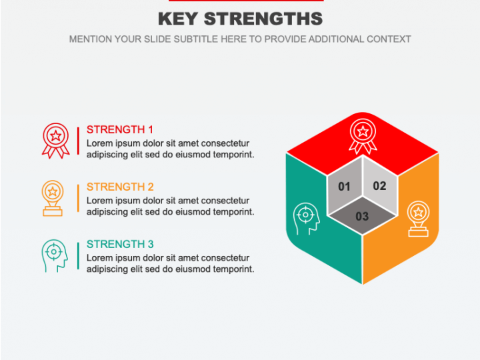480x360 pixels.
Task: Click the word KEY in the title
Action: [x=178, y=19]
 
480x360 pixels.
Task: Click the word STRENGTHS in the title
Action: [x=263, y=19]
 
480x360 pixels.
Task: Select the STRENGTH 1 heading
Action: [x=120, y=129]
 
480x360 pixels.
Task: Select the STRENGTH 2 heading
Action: [x=120, y=187]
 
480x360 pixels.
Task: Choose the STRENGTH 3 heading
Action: [x=120, y=244]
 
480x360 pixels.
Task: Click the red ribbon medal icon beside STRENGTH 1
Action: [x=56, y=141]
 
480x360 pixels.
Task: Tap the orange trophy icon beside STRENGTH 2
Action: [x=53, y=199]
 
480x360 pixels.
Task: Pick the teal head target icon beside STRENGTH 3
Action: [x=55, y=256]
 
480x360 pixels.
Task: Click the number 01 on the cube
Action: [x=344, y=187]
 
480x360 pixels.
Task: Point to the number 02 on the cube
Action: [x=379, y=186]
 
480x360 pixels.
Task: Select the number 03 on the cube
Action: [x=362, y=217]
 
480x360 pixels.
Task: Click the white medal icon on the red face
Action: [x=363, y=136]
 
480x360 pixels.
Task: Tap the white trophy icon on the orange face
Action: [x=418, y=219]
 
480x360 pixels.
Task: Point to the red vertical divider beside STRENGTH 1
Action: [x=78, y=141]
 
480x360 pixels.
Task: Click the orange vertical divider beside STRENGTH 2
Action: [x=78, y=198]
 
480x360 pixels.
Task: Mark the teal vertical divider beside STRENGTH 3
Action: [x=78, y=255]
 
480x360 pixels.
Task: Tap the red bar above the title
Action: [x=246, y=1]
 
